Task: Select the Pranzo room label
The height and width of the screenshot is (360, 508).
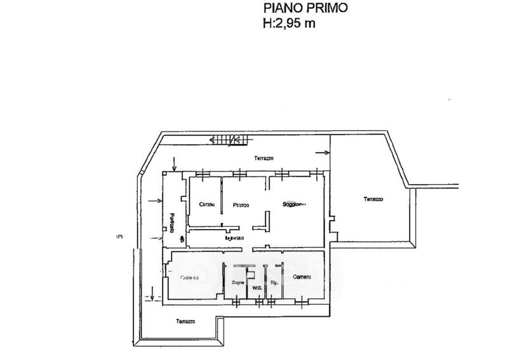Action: click(x=241, y=205)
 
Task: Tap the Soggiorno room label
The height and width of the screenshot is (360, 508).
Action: click(x=294, y=204)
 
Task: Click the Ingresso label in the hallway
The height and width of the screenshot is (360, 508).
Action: click(x=234, y=238)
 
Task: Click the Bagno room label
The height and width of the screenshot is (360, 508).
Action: click(x=238, y=281)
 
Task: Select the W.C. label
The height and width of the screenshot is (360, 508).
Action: click(x=257, y=288)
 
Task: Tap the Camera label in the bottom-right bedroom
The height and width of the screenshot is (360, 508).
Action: click(x=302, y=277)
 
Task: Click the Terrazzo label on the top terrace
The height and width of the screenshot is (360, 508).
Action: click(x=262, y=157)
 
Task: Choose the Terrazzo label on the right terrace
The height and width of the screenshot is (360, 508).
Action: click(x=373, y=199)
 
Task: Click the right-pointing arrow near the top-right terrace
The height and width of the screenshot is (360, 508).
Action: click(x=323, y=152)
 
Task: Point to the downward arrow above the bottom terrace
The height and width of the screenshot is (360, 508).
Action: click(x=153, y=295)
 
